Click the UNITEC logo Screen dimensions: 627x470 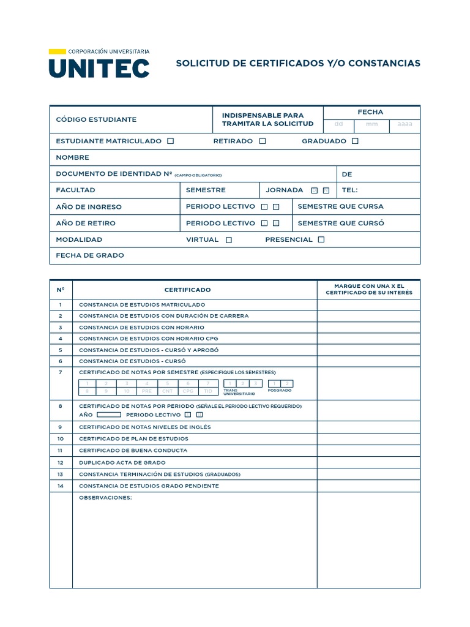99,64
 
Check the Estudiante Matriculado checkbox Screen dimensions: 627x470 171,141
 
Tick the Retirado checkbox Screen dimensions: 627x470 263,141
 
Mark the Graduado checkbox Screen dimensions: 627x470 356,141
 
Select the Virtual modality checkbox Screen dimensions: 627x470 229,240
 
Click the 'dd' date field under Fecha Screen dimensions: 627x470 338,124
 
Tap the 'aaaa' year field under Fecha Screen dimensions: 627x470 405,124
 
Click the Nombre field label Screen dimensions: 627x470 72,157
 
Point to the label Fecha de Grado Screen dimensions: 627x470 89,255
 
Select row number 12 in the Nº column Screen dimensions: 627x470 61,462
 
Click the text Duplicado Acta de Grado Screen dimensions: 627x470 122,462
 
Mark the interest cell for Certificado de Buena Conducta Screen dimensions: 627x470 368,450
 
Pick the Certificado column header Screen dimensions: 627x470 187,290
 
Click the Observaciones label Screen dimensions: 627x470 105,497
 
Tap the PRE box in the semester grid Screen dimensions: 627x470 147,391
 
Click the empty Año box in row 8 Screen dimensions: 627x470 109,415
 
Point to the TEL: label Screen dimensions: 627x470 349,190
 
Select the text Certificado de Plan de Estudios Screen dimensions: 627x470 133,438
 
